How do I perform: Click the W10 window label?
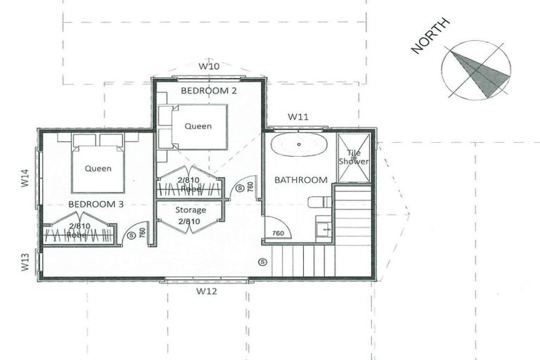coord(209,66)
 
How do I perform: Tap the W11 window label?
coord(297,117)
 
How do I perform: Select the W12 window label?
coord(205,290)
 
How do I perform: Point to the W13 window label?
coord(24,263)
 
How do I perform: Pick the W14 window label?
coord(24,178)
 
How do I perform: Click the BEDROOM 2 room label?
coord(208,91)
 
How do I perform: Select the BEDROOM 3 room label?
coord(96,204)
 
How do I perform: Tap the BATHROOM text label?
coord(300,180)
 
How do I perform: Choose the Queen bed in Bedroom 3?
coord(98,167)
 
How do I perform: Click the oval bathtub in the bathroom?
coord(299,145)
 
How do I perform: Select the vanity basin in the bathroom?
coord(323,229)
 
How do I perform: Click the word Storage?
coord(191,210)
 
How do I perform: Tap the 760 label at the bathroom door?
coord(278,233)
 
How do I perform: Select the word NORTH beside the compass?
coord(430,37)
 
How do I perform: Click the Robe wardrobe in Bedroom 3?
coord(77,232)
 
